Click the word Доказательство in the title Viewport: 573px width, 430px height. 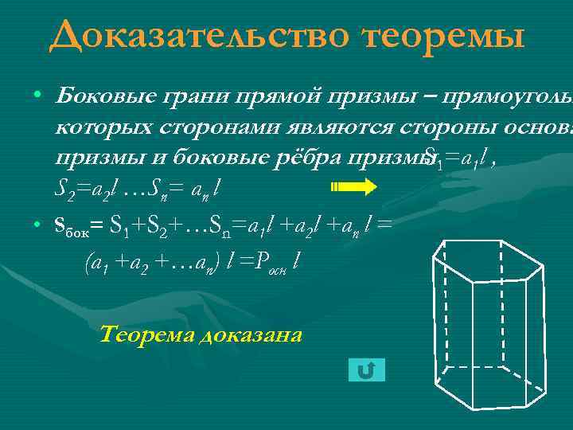pyautogui.click(x=200, y=36)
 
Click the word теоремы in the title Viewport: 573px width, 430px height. pyautogui.click(x=442, y=36)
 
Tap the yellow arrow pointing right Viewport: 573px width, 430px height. pyautogui.click(x=353, y=188)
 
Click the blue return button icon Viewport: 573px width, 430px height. pyautogui.click(x=366, y=370)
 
